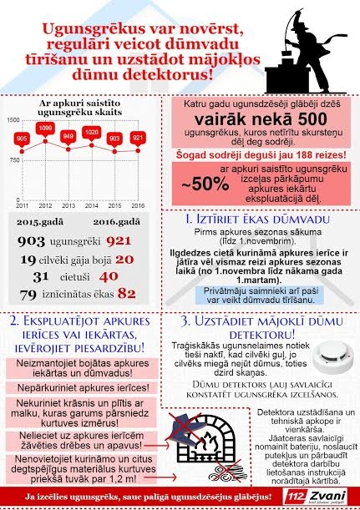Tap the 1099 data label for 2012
tap(46, 128)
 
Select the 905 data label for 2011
tap(23, 138)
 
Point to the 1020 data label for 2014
tap(94, 132)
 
